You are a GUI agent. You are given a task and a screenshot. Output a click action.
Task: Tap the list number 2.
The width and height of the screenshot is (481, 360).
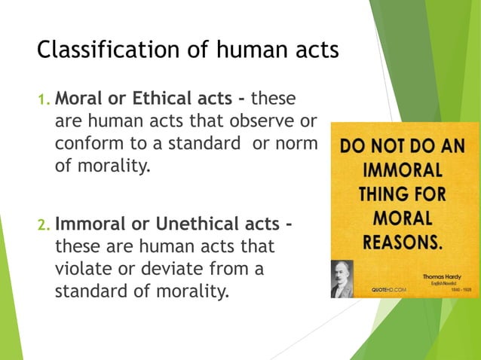point(44,225)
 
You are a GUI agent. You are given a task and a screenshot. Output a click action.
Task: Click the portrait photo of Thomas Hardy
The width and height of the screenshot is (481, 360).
point(342,278)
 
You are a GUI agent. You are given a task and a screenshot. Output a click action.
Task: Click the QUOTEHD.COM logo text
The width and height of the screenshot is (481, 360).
point(390,290)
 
